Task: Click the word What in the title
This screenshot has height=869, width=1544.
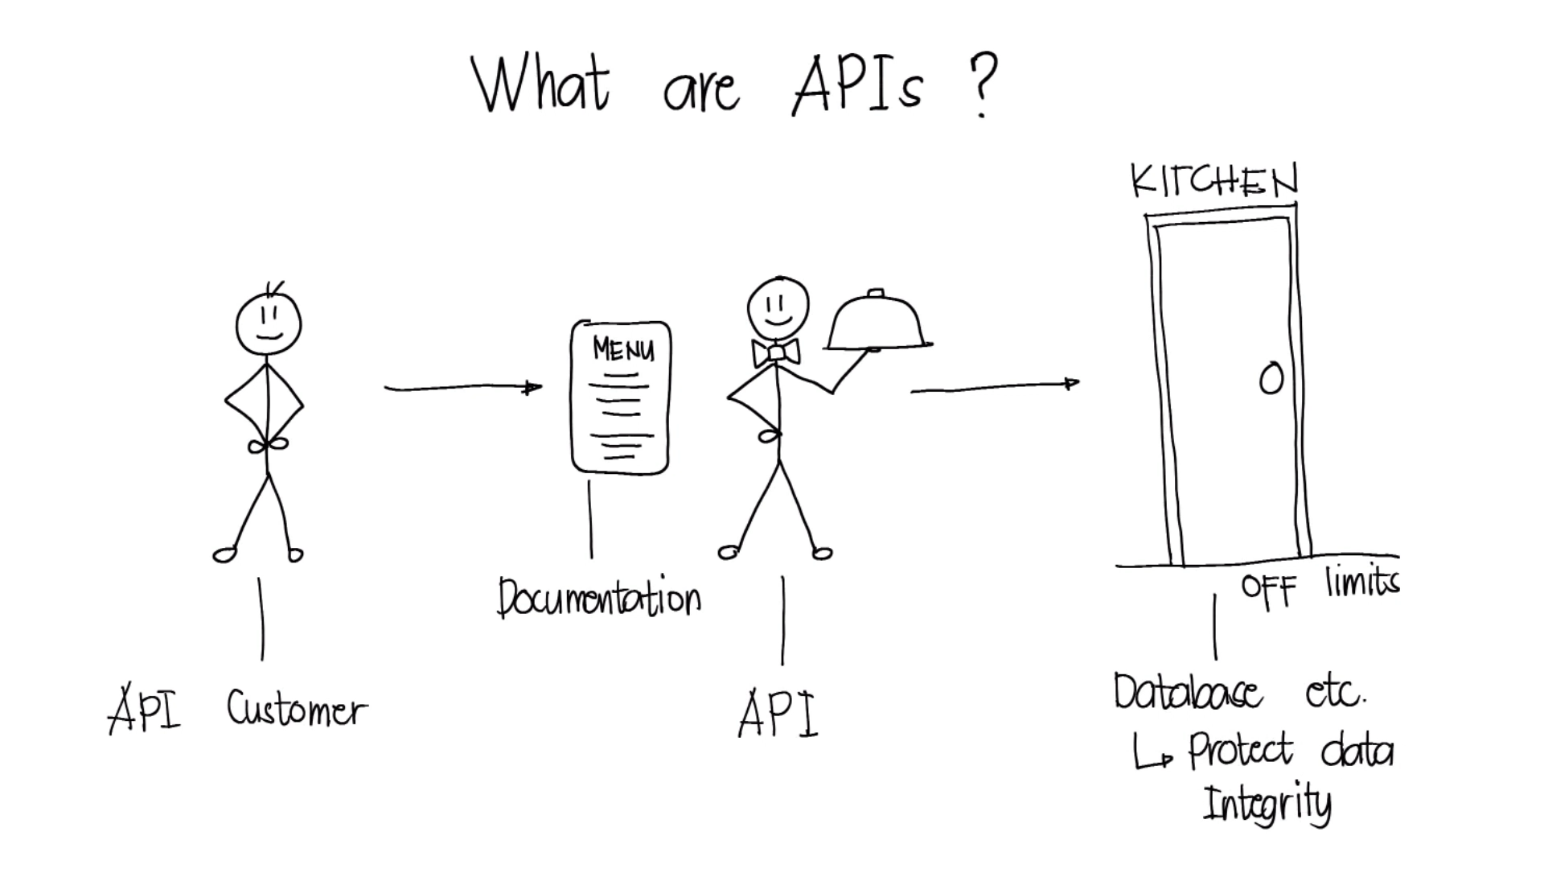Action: (540, 84)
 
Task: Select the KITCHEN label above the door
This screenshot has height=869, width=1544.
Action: (1214, 182)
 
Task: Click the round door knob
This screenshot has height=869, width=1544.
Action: (1271, 379)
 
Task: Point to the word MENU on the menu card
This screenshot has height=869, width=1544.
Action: (623, 349)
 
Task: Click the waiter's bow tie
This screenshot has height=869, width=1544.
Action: (776, 352)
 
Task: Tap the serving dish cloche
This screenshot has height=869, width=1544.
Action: (879, 321)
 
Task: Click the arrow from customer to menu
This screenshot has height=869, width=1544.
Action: (463, 388)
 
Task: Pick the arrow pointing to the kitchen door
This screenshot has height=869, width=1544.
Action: (995, 387)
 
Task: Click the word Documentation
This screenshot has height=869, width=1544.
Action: (599, 598)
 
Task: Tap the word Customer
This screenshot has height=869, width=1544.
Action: (297, 709)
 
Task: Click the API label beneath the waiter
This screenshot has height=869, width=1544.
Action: (778, 714)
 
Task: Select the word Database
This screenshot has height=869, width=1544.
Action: (1188, 692)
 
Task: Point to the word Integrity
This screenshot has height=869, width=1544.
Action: (1267, 803)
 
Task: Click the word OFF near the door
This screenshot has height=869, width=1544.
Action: (1269, 591)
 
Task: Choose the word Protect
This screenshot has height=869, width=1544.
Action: (1241, 750)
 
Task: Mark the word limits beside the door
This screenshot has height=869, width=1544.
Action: (1363, 581)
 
